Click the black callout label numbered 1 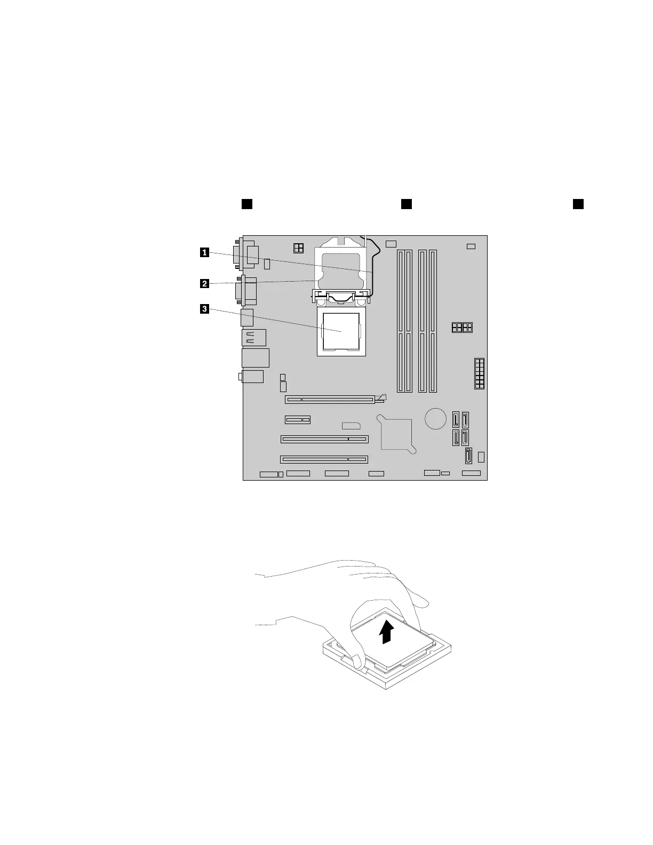204,253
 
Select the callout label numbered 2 204,284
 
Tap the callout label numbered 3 204,308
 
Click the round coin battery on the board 436,418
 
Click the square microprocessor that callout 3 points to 341,332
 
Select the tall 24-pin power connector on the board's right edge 479,373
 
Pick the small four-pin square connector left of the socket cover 299,248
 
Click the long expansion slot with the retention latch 330,398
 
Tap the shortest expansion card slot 298,420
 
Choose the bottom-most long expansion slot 324,459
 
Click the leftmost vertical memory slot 400,321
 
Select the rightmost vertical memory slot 433,321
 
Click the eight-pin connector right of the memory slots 462,327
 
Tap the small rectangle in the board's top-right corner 471,246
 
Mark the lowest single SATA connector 469,457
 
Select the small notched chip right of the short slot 351,426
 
